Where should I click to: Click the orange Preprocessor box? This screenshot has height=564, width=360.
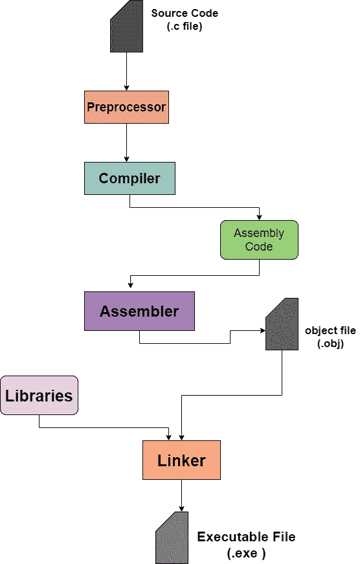tap(126, 107)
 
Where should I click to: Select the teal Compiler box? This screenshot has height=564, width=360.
tap(129, 178)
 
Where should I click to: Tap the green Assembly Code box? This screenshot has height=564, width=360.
tap(259, 240)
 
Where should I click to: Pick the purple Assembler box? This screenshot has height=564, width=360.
tap(139, 311)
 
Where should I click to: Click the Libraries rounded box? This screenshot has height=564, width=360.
tap(39, 395)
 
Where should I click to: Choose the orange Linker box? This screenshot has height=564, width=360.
tap(181, 460)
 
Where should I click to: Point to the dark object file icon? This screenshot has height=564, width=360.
tap(282, 324)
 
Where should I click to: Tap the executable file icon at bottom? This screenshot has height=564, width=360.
tap(172, 537)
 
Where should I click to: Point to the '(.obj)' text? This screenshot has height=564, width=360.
tap(330, 343)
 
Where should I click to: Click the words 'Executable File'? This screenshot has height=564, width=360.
tap(246, 537)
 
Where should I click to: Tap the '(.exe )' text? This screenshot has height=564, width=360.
tap(246, 554)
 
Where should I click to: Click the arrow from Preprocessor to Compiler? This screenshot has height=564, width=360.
tap(126, 142)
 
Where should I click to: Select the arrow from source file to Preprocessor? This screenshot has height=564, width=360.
tap(126, 71)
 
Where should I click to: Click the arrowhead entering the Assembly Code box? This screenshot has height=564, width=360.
tap(259, 217)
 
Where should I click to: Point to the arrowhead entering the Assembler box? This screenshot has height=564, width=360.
tap(131, 288)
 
